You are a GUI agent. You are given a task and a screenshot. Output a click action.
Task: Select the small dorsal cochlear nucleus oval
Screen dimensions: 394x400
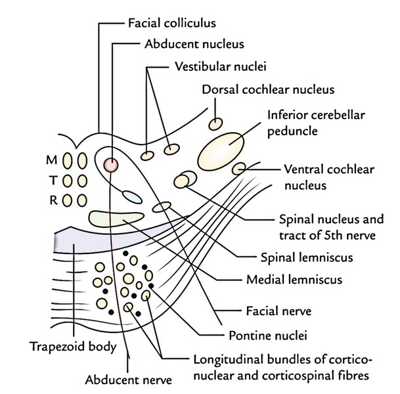coord(215,123)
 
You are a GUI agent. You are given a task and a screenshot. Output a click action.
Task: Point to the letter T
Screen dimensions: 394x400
coord(52,180)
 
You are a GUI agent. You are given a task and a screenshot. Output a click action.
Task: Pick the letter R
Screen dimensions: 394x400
coord(52,200)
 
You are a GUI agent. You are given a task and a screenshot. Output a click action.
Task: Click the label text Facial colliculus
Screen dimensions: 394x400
coord(171,24)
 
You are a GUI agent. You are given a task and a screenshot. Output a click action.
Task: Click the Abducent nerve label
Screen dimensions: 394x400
coord(128,379)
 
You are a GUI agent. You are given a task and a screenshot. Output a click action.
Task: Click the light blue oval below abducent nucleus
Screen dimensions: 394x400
coord(131,195)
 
